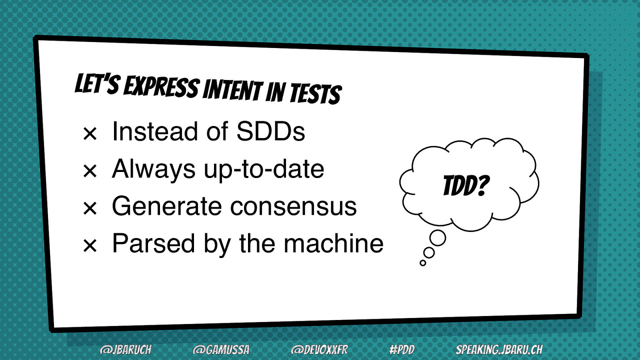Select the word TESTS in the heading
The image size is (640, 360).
point(316,94)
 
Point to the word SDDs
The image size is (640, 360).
point(271,132)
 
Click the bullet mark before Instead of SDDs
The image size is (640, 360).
point(90,134)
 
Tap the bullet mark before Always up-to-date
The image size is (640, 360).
point(90,171)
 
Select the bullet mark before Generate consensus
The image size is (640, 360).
point(90,208)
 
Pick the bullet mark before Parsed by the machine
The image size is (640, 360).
point(90,246)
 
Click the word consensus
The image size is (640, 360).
point(294,206)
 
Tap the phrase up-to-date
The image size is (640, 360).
point(264,170)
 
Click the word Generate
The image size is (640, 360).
point(167,206)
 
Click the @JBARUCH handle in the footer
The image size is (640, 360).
point(126,350)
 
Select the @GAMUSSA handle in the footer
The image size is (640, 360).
point(221,350)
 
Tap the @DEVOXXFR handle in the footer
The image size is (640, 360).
point(320,350)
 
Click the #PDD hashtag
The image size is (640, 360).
point(402,350)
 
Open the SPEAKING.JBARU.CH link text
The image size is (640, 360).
point(499,350)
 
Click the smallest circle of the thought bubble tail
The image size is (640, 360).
point(423,262)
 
